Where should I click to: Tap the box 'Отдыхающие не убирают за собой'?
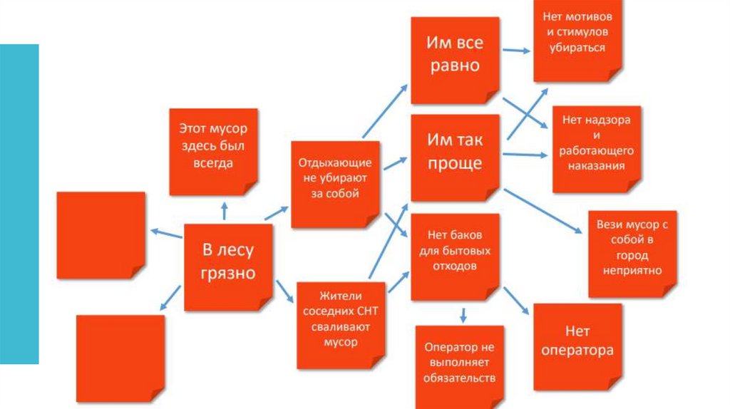pos(334,183)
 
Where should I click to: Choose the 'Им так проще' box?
pos(455,157)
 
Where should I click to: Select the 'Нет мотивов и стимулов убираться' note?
pos(577,38)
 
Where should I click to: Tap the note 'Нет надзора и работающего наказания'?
pos(597,147)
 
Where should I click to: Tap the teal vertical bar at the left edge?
pos(19,204)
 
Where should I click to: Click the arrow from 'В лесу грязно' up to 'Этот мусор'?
pos(225,210)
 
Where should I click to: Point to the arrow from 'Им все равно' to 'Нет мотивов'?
pos(516,51)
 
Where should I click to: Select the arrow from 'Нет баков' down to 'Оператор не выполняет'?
pos(463,314)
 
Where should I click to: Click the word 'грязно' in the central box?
pos(228,274)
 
